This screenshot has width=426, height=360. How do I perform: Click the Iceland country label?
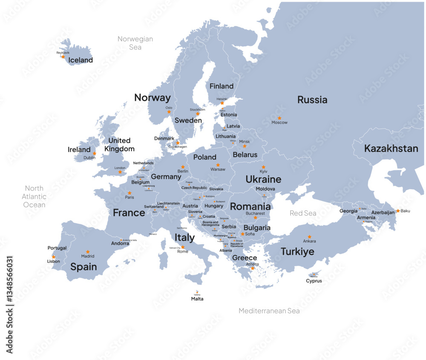[81, 60]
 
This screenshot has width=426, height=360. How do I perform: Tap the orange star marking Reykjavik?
[63, 57]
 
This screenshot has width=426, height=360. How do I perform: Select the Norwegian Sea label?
[135, 43]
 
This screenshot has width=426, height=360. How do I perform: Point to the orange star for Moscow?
[279, 118]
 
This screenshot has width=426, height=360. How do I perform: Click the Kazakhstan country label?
[391, 149]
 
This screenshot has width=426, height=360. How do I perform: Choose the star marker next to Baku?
[398, 211]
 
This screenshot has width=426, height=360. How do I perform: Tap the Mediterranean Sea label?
[269, 311]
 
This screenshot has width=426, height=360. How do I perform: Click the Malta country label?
[197, 299]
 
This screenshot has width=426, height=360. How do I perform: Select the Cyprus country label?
[314, 281]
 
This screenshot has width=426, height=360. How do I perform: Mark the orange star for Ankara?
[309, 237]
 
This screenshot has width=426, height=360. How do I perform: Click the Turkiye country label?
[297, 252]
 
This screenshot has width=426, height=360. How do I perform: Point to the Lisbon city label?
[53, 261]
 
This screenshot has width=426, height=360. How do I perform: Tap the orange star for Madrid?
[88, 251]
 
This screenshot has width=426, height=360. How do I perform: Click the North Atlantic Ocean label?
[34, 196]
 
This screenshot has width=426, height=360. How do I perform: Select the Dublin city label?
[89, 157]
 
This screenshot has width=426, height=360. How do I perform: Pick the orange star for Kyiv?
[263, 167]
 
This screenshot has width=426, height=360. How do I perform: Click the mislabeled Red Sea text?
[303, 213]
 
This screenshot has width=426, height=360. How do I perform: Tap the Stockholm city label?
[197, 109]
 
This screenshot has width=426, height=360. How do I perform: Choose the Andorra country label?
[120, 243]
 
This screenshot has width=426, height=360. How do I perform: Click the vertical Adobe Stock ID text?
[10, 304]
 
